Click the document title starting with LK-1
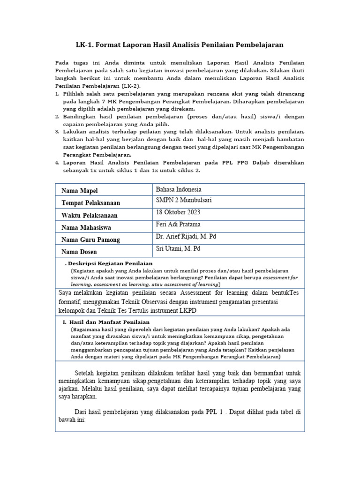180,45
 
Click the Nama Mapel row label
81,191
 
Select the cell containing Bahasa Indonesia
179,189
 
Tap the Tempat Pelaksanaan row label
90,203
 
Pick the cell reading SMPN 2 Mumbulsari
183,200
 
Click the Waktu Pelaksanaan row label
90,215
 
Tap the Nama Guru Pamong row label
90,240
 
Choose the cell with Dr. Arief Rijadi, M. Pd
186,236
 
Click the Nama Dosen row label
79,252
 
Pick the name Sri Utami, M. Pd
178,248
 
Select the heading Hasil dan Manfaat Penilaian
109,322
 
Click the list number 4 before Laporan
57,163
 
